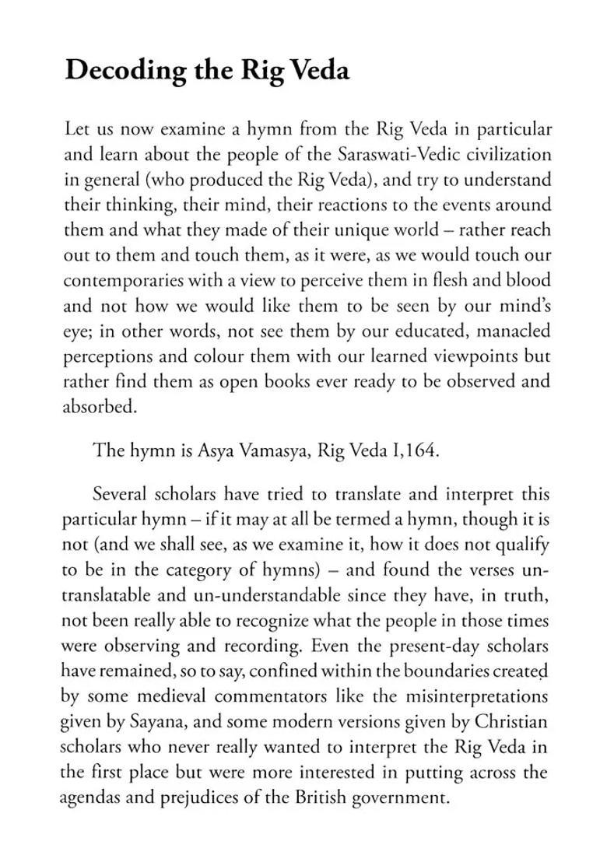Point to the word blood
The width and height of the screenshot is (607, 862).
click(x=527, y=281)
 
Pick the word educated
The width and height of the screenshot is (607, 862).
click(x=412, y=331)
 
